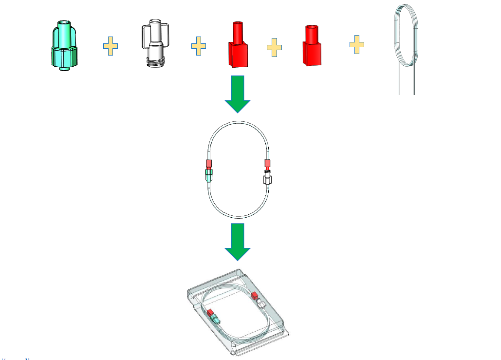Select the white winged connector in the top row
pyautogui.click(x=155, y=46)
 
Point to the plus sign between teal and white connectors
pyautogui.click(x=111, y=46)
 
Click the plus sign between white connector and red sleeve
pyautogui.click(x=198, y=46)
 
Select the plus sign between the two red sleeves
pyautogui.click(x=274, y=47)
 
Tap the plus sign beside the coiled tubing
pyautogui.click(x=357, y=44)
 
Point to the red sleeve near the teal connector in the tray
pyautogui.click(x=210, y=312)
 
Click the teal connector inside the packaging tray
pyautogui.click(x=215, y=319)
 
